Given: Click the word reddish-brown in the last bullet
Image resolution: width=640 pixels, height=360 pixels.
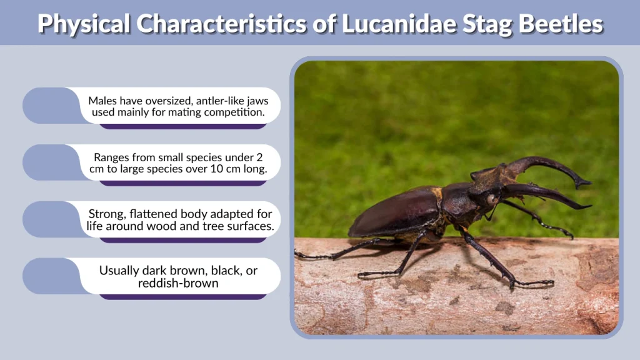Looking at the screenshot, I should [x=179, y=284].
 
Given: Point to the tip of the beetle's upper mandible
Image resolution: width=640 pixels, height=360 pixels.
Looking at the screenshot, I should [x=587, y=182].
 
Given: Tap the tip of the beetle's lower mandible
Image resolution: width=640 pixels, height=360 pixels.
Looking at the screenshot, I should [x=587, y=206].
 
